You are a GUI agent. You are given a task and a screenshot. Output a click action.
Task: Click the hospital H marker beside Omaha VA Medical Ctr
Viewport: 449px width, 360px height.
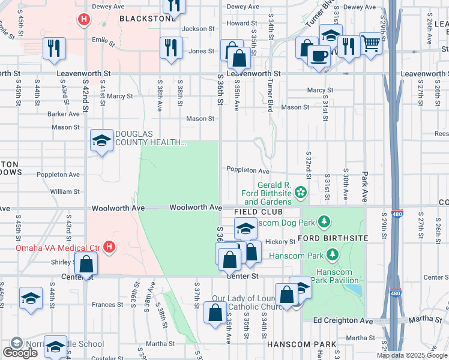(109, 247)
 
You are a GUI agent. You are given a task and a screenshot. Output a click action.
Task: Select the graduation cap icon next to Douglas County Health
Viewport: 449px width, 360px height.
(101, 141)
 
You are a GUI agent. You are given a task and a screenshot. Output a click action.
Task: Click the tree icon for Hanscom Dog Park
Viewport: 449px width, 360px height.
(324, 223)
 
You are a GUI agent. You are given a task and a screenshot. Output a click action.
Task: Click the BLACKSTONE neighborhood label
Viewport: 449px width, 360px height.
(146, 19)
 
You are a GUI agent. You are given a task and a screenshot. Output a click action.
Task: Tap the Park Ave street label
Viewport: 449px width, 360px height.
(364, 186)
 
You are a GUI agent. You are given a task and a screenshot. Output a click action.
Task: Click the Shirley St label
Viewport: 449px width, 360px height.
(62, 262)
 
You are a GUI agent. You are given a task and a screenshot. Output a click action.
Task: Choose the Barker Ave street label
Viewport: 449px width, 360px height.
(64, 113)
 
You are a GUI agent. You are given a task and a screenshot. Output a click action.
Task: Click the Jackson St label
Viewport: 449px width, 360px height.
(198, 28)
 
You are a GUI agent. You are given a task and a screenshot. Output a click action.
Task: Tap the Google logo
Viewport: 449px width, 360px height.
(20, 353)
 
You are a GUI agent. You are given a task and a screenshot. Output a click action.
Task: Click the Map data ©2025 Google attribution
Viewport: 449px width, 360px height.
(412, 355)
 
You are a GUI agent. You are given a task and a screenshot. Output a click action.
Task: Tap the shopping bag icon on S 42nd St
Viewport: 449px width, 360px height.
(86, 263)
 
